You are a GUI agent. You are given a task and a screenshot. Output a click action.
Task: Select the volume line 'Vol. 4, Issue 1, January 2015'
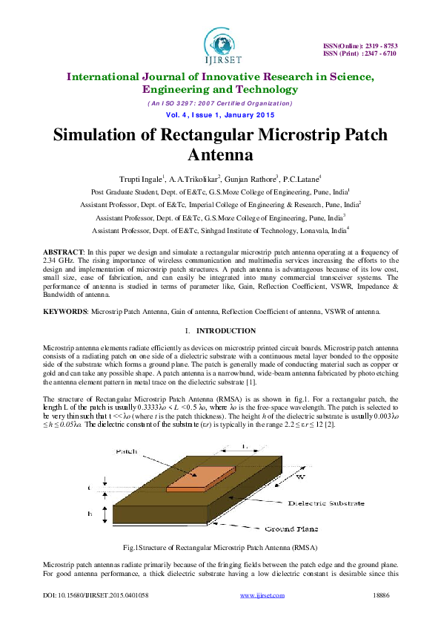(220, 115)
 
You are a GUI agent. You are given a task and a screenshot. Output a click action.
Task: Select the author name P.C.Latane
(300, 179)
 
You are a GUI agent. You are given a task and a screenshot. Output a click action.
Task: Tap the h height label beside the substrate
(90, 513)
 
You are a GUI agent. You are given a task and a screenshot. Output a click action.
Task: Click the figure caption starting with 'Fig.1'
(220, 547)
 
